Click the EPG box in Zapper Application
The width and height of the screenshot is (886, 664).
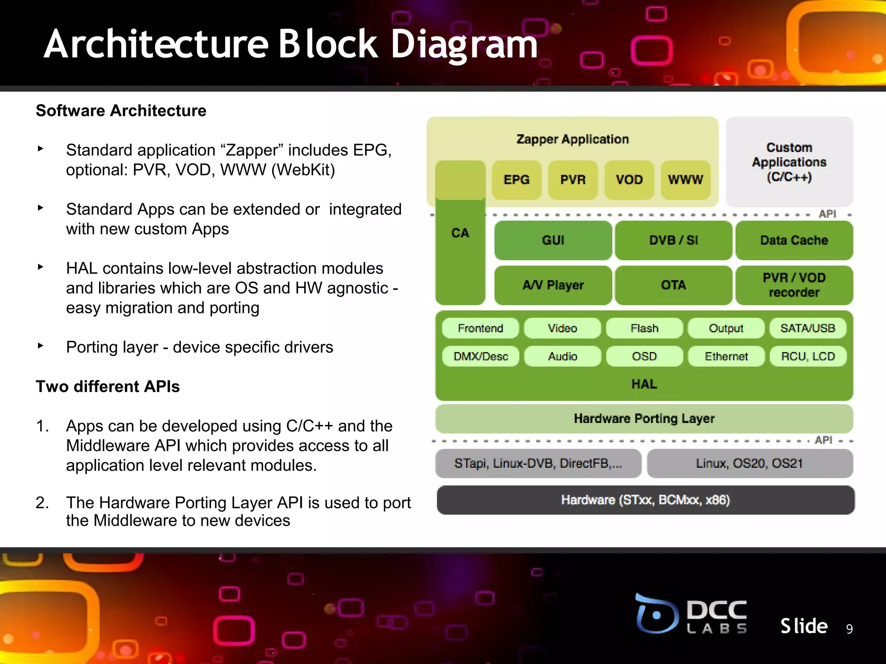[517, 180]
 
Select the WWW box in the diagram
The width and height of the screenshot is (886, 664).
[686, 180]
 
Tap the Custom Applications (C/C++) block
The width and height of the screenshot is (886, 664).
[789, 162]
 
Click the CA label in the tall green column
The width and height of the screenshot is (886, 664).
[460, 233]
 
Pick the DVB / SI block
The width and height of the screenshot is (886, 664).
[673, 240]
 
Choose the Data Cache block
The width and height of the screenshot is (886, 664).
[794, 240]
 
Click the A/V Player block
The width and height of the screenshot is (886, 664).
[553, 285]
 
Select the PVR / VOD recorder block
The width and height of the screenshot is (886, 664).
[794, 285]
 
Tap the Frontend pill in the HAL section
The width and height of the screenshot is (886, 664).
[480, 329]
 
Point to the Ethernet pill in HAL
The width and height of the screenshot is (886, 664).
[726, 357]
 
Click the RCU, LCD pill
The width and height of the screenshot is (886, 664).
[808, 357]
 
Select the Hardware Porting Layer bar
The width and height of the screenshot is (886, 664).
[644, 418]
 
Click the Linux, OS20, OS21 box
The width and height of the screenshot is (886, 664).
[749, 463]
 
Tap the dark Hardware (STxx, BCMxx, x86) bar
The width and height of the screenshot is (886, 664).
[645, 500]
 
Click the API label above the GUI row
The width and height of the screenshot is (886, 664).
[827, 214]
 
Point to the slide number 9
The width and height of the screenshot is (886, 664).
[849, 629]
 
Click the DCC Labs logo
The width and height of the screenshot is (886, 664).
[691, 614]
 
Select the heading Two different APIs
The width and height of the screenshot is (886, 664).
[108, 386]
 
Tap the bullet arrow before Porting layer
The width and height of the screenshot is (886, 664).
[41, 346]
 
